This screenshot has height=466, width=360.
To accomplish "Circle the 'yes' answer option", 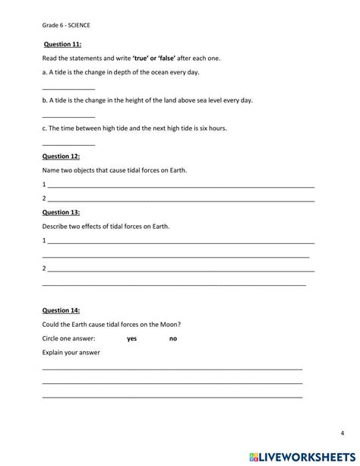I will tap(132, 338).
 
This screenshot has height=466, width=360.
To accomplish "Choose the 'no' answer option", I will tap(173, 338).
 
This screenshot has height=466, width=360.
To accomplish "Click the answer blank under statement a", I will tap(68, 89).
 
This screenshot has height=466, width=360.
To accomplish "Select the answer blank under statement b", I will tap(68, 116).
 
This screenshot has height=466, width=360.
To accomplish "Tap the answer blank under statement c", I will tap(68, 144).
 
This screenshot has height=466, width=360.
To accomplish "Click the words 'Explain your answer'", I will tap(71, 353).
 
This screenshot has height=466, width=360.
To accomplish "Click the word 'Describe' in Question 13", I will tap(56, 227).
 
